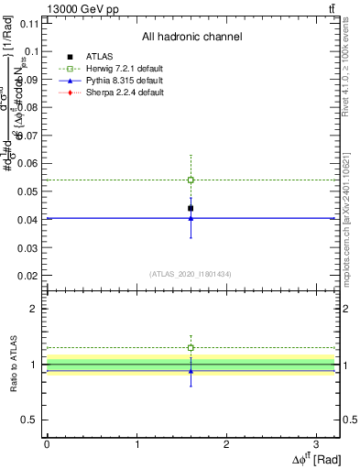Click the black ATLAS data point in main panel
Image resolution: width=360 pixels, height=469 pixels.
[x=191, y=209]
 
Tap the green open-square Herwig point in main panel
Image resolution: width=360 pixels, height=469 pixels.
[x=191, y=180]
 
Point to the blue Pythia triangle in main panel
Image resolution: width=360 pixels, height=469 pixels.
[x=191, y=218]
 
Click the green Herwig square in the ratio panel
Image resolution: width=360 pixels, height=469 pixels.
[x=191, y=348]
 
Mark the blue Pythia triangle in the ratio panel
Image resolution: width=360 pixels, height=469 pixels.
[x=191, y=371]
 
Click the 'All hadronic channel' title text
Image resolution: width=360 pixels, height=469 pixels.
[x=191, y=38]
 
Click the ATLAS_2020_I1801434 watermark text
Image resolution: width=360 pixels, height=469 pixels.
[x=191, y=274]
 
